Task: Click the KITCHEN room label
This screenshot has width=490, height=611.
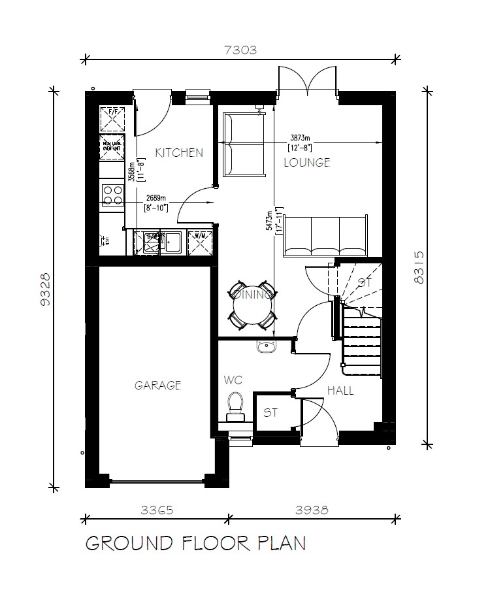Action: click(x=179, y=153)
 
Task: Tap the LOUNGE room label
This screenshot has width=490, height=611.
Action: click(x=306, y=163)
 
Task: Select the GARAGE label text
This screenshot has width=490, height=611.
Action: click(x=157, y=386)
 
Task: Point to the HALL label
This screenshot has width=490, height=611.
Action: click(x=340, y=391)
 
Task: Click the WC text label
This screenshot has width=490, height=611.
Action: click(x=233, y=380)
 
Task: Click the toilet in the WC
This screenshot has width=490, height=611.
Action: click(x=235, y=405)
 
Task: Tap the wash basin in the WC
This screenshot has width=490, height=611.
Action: click(x=266, y=347)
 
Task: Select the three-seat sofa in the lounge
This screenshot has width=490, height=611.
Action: click(x=325, y=236)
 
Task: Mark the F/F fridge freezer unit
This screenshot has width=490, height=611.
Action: click(x=112, y=120)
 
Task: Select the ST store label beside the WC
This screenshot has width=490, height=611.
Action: click(x=271, y=413)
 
